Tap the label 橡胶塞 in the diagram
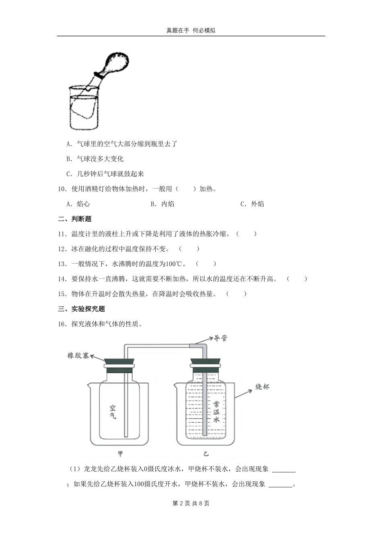pyautogui.click(x=78, y=356)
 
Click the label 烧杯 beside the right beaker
pyautogui.click(x=263, y=387)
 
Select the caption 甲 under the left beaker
pyautogui.click(x=120, y=454)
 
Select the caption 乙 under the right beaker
pyautogui.click(x=206, y=454)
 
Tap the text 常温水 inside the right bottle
pyautogui.click(x=216, y=411)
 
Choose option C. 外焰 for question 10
pyautogui.click(x=253, y=204)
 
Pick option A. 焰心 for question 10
pyautogui.click(x=78, y=204)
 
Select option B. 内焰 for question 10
pyautogui.click(x=162, y=204)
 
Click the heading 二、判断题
pyautogui.click(x=75, y=219)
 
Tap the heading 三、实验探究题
pyautogui.click(x=82, y=309)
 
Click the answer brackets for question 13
pyautogui.click(x=206, y=264)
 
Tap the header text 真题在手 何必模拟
pyautogui.click(x=191, y=31)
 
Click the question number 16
pyautogui.click(x=62, y=324)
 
